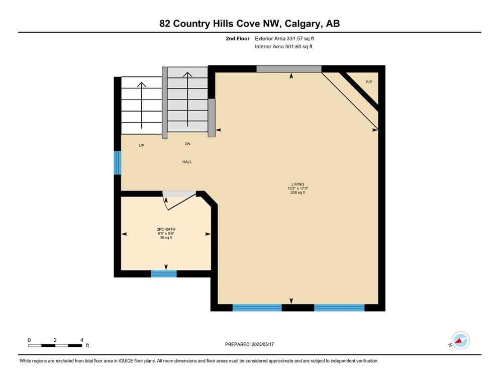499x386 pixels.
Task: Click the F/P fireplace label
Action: (369, 81)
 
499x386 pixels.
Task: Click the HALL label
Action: (187, 162)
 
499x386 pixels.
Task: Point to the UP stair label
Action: (142, 145)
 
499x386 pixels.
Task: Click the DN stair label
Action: (187, 144)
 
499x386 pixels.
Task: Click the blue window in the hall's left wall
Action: (118, 162)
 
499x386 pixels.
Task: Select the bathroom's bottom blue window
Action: (164, 274)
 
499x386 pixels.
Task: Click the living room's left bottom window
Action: (257, 308)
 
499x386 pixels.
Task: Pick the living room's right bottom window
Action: (339, 308)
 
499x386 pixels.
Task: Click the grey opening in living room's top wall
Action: (288, 69)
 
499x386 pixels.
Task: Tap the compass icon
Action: (460, 340)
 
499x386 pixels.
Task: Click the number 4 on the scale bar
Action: (81, 340)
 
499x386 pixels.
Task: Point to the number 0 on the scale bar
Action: (29, 340)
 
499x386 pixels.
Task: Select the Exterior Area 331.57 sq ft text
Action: (284, 38)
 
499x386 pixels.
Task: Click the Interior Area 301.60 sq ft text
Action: (284, 47)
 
